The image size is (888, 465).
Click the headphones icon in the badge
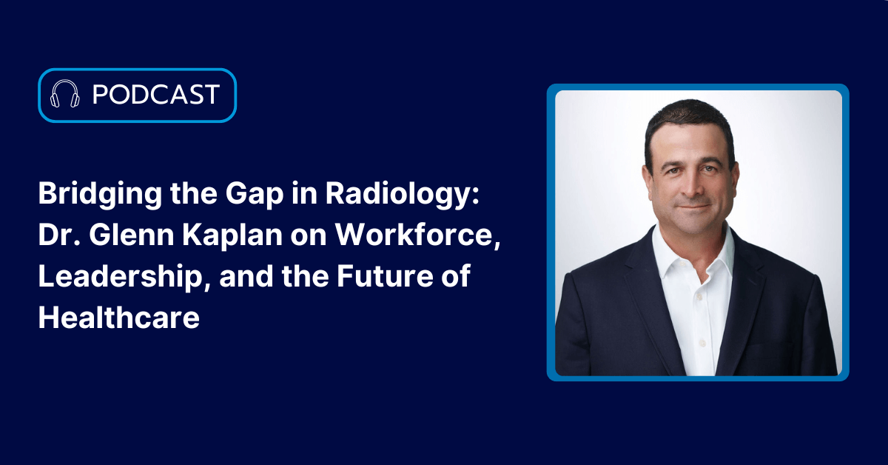click(x=65, y=94)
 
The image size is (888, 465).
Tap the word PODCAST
click(x=156, y=95)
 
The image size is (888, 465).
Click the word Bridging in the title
click(x=100, y=195)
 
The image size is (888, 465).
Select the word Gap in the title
click(x=255, y=195)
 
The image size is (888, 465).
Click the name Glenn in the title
click(x=132, y=235)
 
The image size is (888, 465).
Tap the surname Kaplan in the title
click(x=232, y=236)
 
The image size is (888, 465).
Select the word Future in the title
click(x=386, y=276)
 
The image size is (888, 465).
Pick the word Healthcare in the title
click(x=119, y=318)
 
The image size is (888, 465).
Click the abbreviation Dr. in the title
click(x=60, y=235)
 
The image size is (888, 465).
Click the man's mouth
click(x=694, y=207)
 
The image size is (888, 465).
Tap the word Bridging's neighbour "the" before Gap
click(x=194, y=195)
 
